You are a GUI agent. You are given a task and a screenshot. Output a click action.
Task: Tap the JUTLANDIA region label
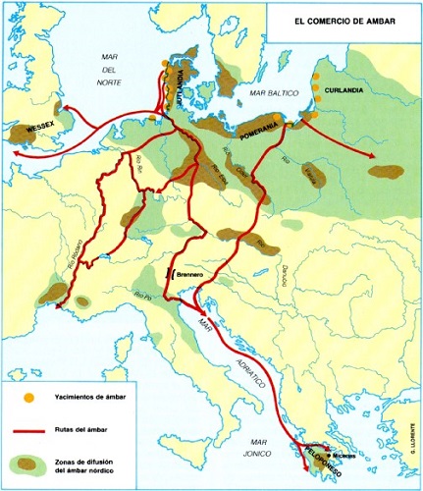(x=179, y=83)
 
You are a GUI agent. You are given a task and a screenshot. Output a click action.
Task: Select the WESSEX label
(x=39, y=128)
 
